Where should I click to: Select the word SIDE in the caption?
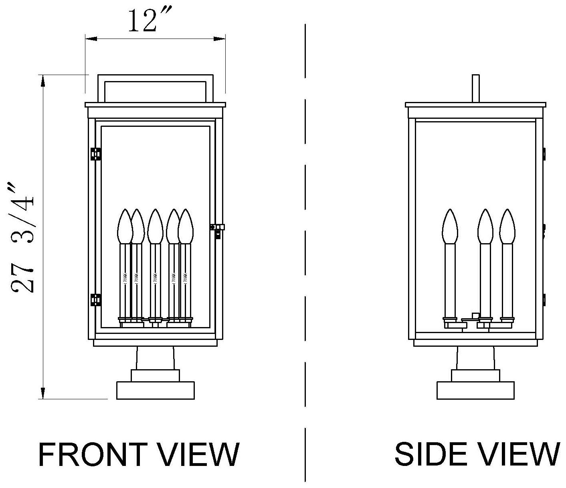pos(427,455)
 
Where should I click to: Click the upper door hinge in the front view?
pos(96,154)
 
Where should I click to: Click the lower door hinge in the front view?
pos(96,300)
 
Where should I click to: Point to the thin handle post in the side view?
pos(476,88)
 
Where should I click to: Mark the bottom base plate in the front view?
pos(155,390)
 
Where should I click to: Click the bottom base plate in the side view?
pos(475,390)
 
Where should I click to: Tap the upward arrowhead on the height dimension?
pos(43,80)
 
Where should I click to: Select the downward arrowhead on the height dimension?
pos(43,393)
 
